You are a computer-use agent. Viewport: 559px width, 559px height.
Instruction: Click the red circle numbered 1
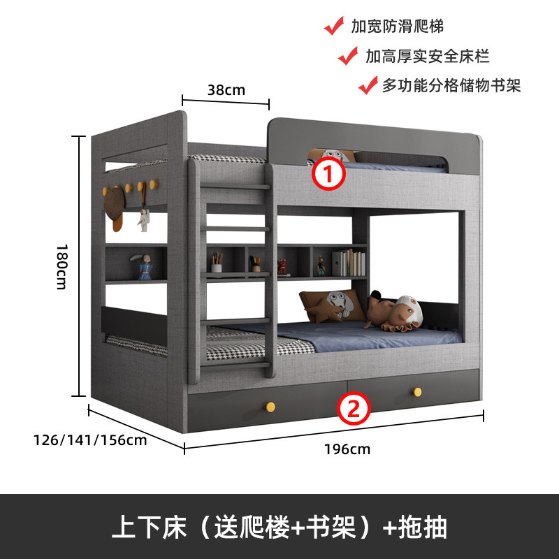(x=328, y=174)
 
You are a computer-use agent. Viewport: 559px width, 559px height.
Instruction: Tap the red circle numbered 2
(x=354, y=409)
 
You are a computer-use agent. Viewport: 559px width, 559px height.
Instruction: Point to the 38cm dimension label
(x=226, y=89)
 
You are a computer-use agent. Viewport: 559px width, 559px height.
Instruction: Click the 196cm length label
(x=347, y=449)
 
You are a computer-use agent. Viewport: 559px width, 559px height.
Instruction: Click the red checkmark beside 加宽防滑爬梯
(x=334, y=27)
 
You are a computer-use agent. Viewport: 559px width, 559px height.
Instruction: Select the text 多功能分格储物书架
(x=451, y=85)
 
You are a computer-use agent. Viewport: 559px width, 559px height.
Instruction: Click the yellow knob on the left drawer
(x=269, y=406)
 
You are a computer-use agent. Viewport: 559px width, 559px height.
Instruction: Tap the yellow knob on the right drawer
(x=418, y=391)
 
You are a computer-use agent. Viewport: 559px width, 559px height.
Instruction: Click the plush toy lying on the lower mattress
(x=395, y=312)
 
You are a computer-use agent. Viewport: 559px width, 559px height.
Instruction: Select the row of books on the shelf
(x=349, y=263)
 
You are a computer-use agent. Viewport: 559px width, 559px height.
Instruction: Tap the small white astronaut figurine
(x=143, y=219)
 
